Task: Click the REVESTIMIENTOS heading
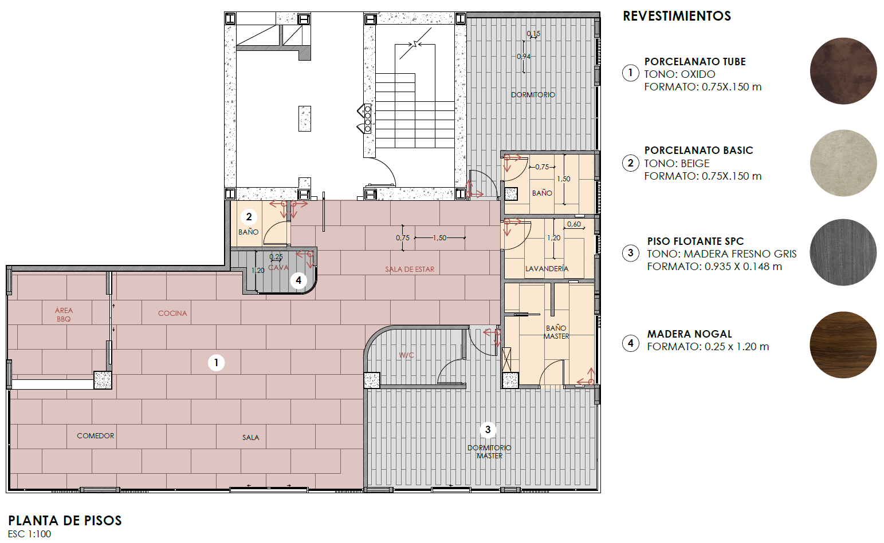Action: (677, 16)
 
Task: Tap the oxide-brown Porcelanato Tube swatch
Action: (843, 71)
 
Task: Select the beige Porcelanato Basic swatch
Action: (843, 163)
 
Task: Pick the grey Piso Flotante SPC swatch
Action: (843, 252)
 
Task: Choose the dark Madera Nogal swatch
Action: (843, 345)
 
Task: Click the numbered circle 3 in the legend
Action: (630, 253)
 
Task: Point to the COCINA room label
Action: (172, 314)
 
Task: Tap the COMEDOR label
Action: (96, 436)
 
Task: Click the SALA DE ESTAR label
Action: (410, 269)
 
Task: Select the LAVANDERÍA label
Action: (547, 269)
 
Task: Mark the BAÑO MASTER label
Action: (556, 332)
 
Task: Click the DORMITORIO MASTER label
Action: (489, 452)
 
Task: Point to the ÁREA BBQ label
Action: (64, 315)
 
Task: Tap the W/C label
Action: (406, 355)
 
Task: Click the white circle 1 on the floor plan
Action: (216, 363)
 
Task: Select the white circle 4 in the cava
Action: (298, 280)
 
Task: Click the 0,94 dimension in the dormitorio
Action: (524, 56)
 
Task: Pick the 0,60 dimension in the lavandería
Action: (574, 224)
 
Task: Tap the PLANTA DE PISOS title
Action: (65, 521)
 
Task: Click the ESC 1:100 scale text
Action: (30, 534)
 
